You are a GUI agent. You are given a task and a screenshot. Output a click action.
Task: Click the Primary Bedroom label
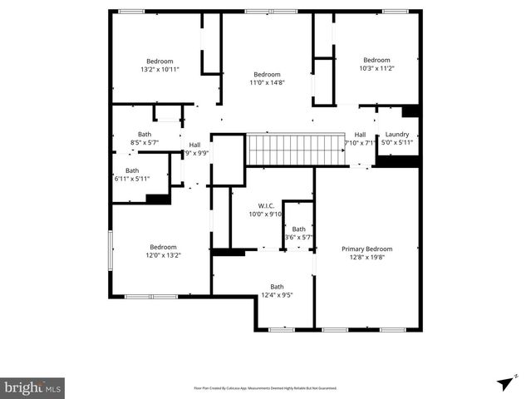(x=366, y=249)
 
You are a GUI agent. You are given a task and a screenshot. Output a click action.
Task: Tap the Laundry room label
(x=396, y=134)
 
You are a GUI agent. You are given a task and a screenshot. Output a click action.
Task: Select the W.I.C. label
(x=266, y=205)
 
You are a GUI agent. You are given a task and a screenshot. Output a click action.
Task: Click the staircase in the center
(x=296, y=150)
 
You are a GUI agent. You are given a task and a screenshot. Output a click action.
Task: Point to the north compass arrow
(x=505, y=382)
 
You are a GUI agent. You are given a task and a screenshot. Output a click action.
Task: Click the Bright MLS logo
(x=32, y=387)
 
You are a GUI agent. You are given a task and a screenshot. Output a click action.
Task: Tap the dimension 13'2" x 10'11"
(x=160, y=70)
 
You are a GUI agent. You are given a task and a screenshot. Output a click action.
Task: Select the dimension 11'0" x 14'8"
(x=267, y=82)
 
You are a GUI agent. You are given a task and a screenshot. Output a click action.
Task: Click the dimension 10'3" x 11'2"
(x=376, y=68)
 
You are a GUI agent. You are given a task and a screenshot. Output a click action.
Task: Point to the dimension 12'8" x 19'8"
(x=366, y=257)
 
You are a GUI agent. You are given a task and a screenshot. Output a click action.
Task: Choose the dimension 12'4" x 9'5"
(x=277, y=294)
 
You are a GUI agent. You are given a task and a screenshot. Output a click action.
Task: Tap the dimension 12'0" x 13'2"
(x=163, y=255)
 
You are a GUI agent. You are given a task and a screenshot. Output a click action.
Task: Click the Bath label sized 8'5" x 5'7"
(x=145, y=142)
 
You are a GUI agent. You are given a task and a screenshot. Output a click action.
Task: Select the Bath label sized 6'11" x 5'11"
(x=132, y=179)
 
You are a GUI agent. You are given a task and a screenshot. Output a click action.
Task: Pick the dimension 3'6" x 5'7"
(x=298, y=238)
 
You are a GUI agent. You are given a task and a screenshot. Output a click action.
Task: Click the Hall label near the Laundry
(x=360, y=135)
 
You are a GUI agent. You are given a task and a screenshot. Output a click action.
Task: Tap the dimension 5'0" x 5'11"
(x=396, y=142)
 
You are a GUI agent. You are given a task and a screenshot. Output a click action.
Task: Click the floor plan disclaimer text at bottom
(x=265, y=387)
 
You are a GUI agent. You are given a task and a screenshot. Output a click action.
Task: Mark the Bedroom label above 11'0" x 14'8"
(x=267, y=74)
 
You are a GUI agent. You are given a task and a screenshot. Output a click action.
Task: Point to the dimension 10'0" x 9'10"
(x=266, y=214)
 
